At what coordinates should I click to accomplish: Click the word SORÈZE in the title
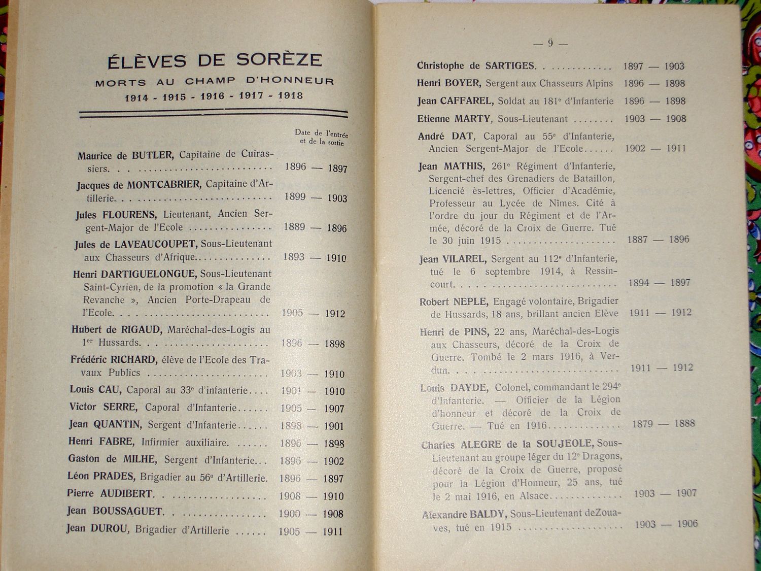click(279, 60)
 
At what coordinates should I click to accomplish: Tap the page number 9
click(550, 43)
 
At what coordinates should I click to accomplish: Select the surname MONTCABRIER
click(163, 185)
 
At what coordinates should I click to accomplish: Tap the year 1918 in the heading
click(290, 95)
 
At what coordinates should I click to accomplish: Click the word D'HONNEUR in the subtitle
click(290, 81)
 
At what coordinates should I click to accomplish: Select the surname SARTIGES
click(510, 66)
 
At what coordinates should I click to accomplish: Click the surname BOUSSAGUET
click(127, 511)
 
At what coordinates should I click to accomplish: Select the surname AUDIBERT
click(126, 493)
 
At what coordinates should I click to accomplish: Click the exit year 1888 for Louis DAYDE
click(684, 423)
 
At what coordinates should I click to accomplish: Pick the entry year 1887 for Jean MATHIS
click(638, 240)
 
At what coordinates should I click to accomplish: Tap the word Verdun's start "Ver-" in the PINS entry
click(609, 356)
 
